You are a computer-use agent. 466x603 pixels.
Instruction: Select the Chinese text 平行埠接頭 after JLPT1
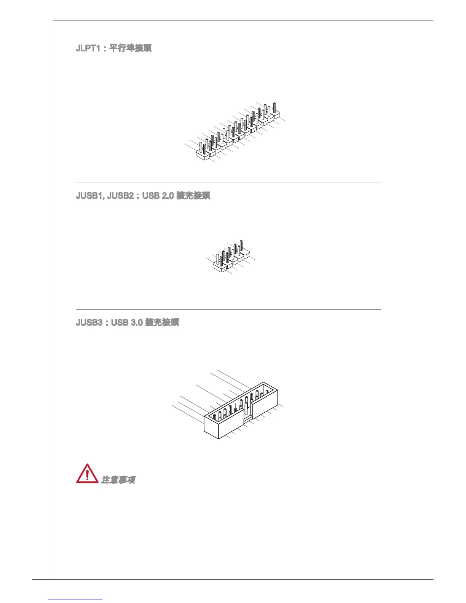point(131,48)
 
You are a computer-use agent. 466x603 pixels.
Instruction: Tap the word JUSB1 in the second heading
point(90,196)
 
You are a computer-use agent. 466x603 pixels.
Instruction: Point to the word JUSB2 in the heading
point(120,196)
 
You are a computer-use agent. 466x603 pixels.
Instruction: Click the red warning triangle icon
point(87,474)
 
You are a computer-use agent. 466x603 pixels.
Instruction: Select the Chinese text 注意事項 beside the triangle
point(118,480)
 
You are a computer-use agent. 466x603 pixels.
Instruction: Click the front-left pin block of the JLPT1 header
point(203,154)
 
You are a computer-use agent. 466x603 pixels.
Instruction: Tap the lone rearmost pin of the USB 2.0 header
point(241,246)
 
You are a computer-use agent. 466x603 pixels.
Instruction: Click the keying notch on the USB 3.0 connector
point(247,419)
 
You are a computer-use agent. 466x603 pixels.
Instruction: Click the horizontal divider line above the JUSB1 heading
point(228,182)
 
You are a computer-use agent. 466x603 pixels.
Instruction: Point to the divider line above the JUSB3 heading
point(228,309)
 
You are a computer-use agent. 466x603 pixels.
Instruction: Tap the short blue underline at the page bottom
point(75,600)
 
